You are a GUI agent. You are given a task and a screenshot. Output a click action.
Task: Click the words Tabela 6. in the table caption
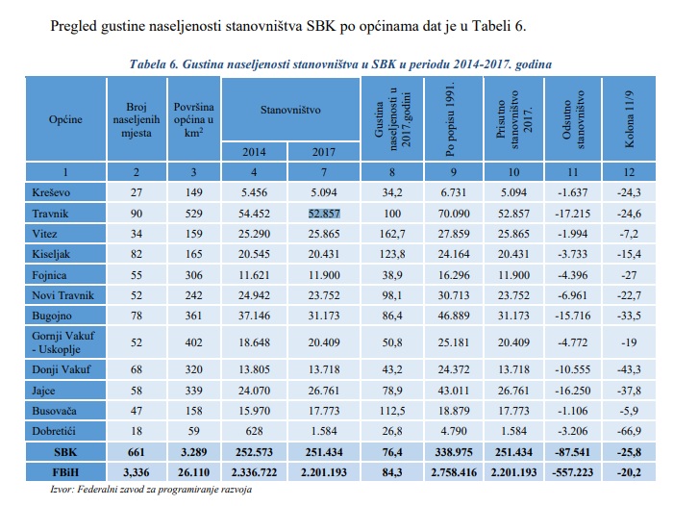[x=159, y=63]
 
